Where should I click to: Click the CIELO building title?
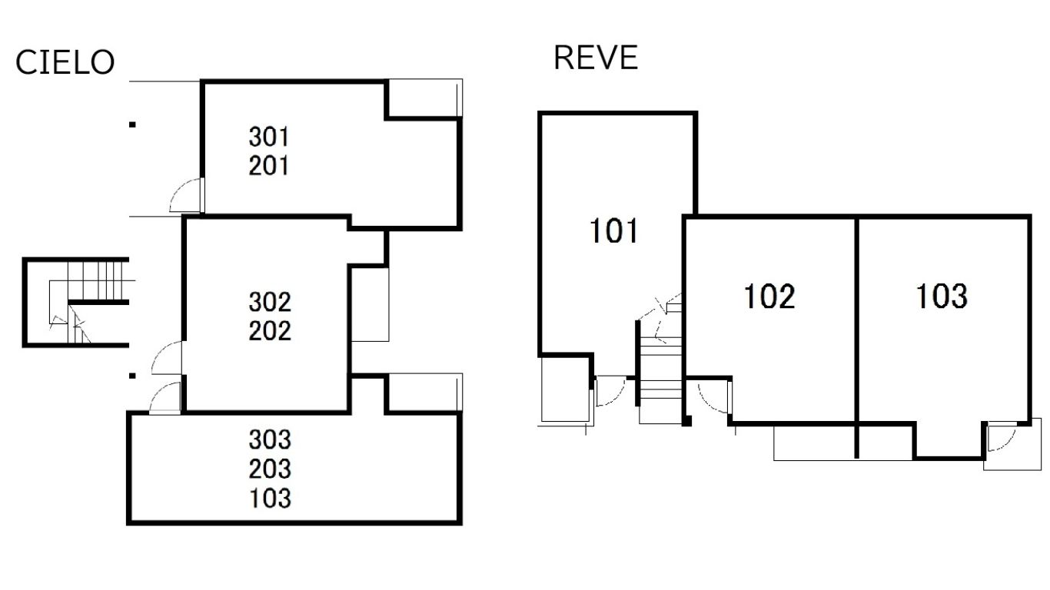65,63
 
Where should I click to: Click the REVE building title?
596,58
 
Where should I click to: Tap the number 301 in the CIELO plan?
269,138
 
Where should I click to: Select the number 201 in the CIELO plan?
269,165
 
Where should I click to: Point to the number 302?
270,300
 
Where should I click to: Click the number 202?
270,331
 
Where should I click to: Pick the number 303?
270,440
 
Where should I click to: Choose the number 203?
270,469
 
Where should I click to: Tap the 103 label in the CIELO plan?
270,498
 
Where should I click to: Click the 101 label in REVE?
613,231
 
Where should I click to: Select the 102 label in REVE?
769,297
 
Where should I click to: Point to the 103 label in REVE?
941,297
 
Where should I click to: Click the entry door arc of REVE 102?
712,395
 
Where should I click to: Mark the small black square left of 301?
132,124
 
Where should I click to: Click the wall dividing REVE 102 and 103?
857,319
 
